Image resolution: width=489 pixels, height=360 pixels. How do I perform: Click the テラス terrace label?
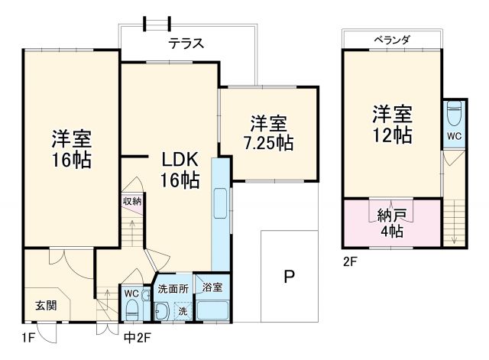coord(186,44)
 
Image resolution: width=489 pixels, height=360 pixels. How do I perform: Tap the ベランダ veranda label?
coord(392,39)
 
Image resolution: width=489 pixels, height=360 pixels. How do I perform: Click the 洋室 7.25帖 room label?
coord(268,132)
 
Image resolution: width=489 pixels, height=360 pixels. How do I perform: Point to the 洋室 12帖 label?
coord(393,125)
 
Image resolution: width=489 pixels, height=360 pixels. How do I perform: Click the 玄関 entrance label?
coord(45,306)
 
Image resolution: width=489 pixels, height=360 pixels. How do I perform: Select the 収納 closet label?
coord(131,201)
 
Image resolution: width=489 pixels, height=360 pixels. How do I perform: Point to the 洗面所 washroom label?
coord(173,289)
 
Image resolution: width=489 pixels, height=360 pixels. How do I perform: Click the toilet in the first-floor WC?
coord(131,310)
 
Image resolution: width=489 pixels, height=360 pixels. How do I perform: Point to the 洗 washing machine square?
coord(183,310)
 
